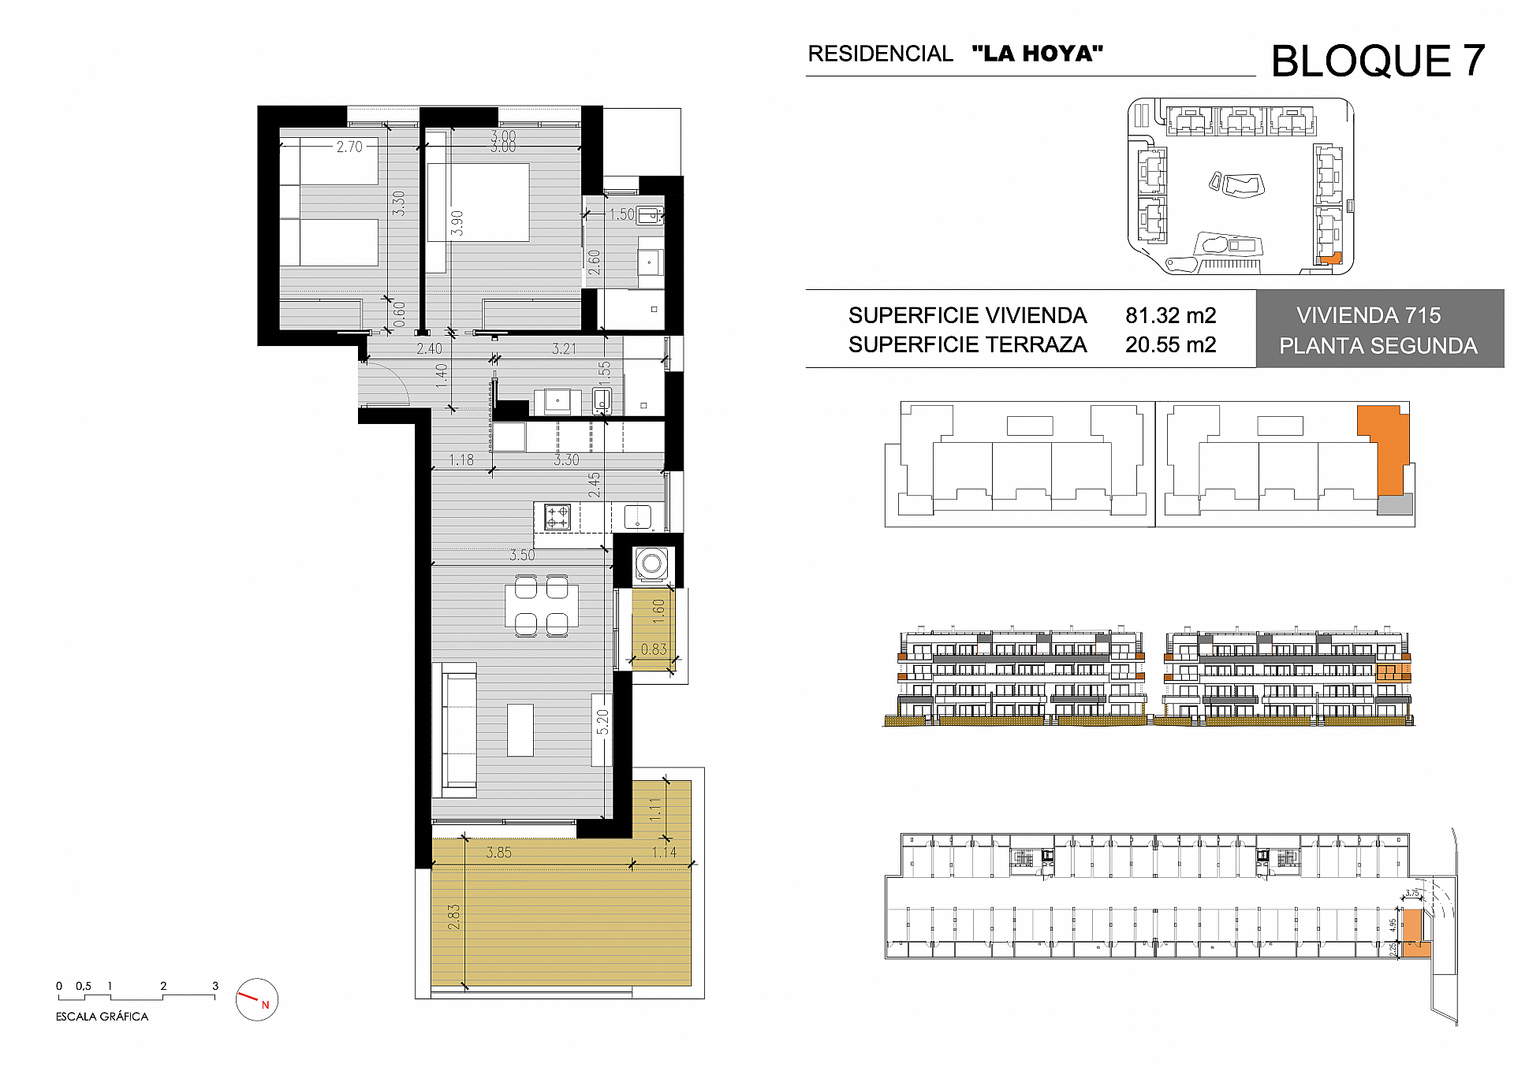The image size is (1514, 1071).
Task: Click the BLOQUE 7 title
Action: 1377,61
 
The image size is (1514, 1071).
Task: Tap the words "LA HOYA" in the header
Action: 1037,54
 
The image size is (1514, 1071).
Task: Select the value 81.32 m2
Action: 1170,315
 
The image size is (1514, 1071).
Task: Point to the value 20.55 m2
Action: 1170,344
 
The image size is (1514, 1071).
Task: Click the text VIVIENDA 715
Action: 1368,315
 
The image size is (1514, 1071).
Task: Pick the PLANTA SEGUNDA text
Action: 1378,346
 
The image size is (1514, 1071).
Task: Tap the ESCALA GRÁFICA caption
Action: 102,1017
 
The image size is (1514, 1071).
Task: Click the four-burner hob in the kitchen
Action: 557,516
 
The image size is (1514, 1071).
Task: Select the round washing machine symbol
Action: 651,563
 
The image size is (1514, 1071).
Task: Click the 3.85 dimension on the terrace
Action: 498,852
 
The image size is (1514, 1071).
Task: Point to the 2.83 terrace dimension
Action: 453,916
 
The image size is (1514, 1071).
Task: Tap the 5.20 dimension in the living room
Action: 602,721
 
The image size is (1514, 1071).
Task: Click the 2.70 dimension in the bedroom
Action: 349,147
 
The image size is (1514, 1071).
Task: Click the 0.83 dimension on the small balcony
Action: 653,649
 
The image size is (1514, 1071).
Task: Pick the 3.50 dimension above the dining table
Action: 521,555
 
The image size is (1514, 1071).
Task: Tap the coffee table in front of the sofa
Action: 520,730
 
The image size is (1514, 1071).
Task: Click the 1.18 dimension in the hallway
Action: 461,459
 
